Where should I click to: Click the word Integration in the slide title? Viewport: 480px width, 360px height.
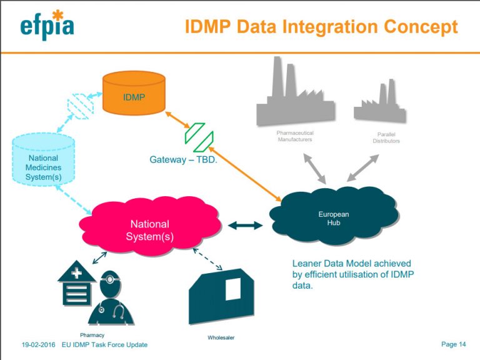click(x=331, y=27)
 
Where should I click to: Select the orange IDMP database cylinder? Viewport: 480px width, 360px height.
click(x=134, y=94)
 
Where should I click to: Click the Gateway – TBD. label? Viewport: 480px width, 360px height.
click(x=182, y=159)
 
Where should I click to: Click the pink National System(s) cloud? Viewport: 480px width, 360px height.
click(x=150, y=230)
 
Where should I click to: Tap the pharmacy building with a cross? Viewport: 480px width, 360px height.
click(x=76, y=284)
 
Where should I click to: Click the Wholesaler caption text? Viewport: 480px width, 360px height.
click(x=221, y=337)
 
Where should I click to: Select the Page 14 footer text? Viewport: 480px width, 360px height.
click(x=453, y=344)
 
